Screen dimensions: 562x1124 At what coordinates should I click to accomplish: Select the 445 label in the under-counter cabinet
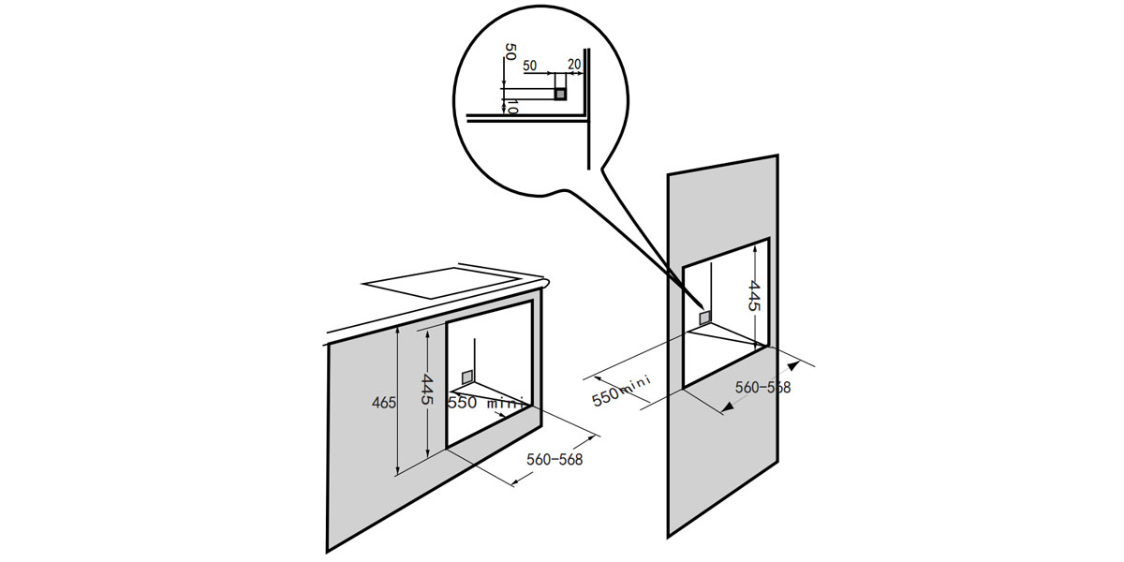click(x=426, y=389)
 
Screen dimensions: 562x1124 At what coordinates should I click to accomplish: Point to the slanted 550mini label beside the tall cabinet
click(x=621, y=386)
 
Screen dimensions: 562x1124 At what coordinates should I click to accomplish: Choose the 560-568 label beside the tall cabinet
click(x=762, y=387)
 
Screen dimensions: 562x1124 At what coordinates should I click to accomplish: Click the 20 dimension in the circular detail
click(x=574, y=65)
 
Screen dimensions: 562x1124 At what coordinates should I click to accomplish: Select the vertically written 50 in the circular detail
click(x=509, y=52)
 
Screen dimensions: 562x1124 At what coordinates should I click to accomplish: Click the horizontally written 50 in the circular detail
click(x=530, y=66)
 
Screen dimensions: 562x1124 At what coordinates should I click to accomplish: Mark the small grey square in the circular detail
click(x=560, y=94)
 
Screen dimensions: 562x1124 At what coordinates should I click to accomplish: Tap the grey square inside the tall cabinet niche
click(x=704, y=318)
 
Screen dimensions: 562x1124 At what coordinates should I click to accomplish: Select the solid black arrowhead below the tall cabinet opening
click(x=730, y=407)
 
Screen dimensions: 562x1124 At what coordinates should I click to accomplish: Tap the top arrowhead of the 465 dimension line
click(x=400, y=332)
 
